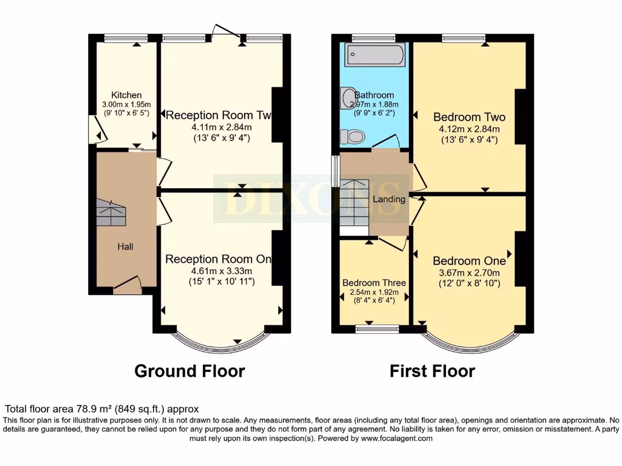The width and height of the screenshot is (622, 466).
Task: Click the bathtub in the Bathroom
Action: pyautogui.click(x=373, y=55)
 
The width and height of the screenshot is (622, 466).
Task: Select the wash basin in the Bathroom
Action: pyautogui.click(x=348, y=98)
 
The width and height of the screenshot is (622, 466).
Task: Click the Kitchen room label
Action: pyautogui.click(x=126, y=95)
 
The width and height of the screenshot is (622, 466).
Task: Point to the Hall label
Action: pyautogui.click(x=126, y=246)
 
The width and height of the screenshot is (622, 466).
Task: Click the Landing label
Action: pyautogui.click(x=389, y=199)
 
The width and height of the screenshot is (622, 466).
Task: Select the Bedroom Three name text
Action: pyautogui.click(x=374, y=283)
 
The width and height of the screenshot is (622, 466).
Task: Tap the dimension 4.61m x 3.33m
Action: pyautogui.click(x=219, y=271)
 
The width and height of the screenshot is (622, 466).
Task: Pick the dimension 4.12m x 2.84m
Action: pyautogui.click(x=470, y=129)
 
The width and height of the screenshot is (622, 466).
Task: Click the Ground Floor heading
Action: pyautogui.click(x=190, y=371)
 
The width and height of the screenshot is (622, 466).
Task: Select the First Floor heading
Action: pyautogui.click(x=432, y=371)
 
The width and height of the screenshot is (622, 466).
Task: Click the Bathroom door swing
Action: pyautogui.click(x=386, y=143)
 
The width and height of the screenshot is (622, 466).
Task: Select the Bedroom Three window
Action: pyautogui.click(x=377, y=329)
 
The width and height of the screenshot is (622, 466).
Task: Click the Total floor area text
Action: pyautogui.click(x=102, y=410)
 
